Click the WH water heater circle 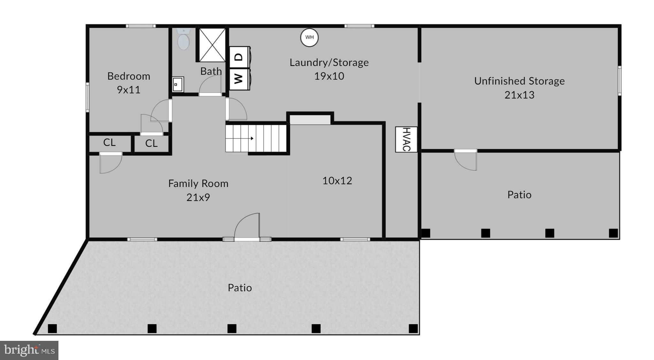[309, 37]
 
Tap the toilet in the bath [183, 40]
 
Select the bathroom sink [178, 84]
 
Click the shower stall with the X [212, 45]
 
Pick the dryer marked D [239, 57]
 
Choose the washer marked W [239, 79]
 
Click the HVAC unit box [406, 139]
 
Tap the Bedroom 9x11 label [128, 83]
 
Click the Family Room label [198, 184]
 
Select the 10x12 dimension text [337, 181]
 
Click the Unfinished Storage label [519, 81]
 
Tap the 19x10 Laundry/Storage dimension [329, 76]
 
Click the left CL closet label [109, 143]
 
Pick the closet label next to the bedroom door [151, 144]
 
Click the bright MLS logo [29, 350]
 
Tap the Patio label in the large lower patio [240, 288]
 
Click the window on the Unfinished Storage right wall [619, 81]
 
